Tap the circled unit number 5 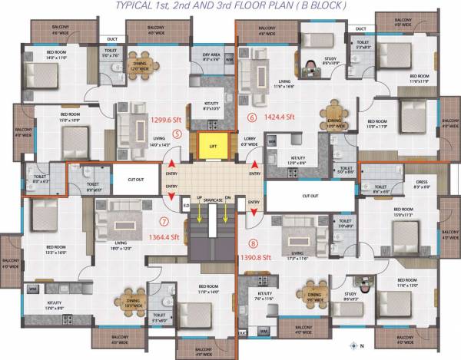178,132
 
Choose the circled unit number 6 251,117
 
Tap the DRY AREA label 212,57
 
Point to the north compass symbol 353,345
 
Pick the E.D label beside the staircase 186,204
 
